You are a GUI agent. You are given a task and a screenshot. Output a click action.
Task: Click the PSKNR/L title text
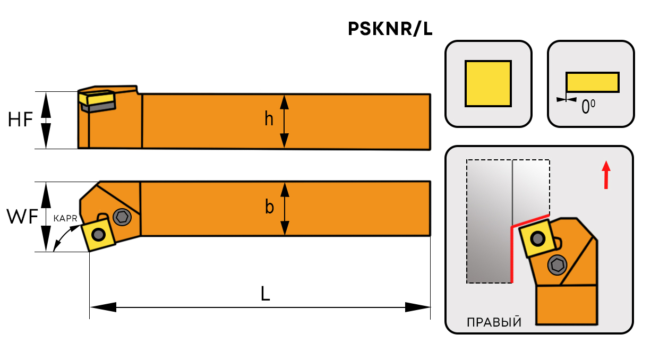390,29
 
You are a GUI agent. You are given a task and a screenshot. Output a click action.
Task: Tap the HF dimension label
21,120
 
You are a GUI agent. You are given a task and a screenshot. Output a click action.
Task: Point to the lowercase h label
269,119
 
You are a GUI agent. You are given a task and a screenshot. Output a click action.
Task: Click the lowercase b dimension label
269,208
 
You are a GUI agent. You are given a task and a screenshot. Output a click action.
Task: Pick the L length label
265,294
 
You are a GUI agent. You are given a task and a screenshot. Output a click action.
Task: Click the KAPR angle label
66,218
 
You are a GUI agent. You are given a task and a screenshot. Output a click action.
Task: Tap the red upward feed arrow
606,175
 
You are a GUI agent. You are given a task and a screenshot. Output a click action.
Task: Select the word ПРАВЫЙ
494,322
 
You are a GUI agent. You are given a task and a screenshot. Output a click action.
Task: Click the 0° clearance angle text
588,107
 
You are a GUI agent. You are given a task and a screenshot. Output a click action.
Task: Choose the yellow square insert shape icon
488,83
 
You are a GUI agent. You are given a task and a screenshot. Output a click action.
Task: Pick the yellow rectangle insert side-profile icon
592,82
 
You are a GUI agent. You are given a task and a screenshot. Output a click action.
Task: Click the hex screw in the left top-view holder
123,217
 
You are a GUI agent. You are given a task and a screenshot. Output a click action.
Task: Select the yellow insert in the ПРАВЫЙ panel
538,239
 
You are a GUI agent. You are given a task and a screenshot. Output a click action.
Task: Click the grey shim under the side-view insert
99,107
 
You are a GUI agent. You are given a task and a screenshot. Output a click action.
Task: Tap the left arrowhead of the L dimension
102,307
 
